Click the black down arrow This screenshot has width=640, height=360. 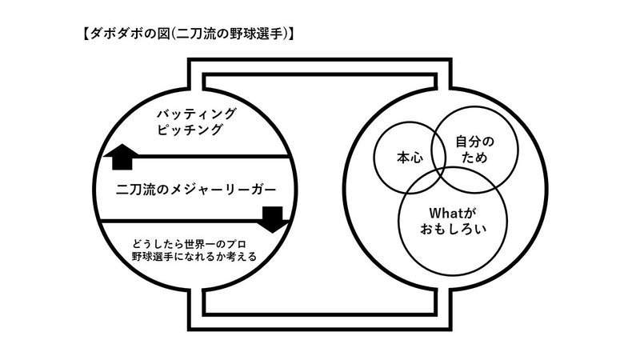pos(272,218)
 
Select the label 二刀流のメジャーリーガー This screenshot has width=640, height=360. pos(195,190)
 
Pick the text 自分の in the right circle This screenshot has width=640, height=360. pos(474,142)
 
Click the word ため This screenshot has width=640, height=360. pos(474,158)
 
